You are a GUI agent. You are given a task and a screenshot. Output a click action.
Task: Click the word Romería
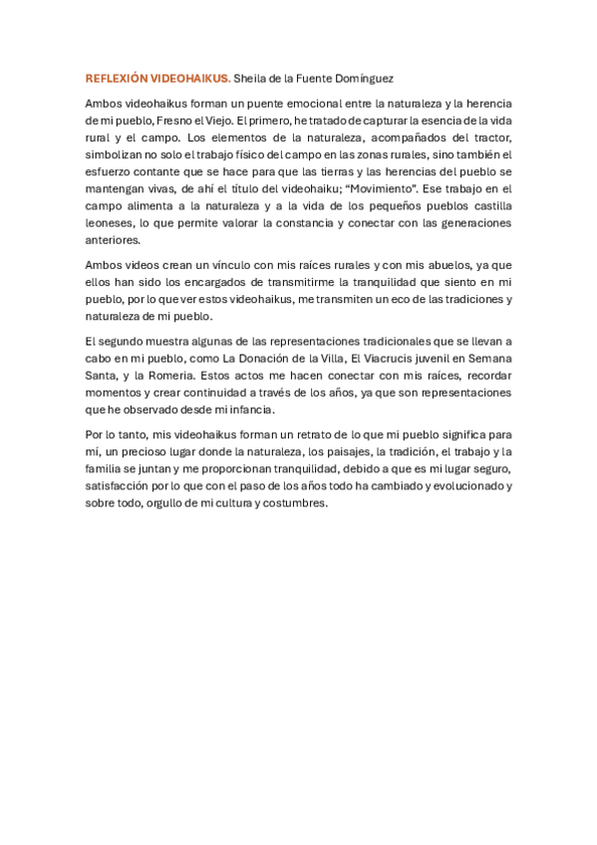click(x=165, y=376)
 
